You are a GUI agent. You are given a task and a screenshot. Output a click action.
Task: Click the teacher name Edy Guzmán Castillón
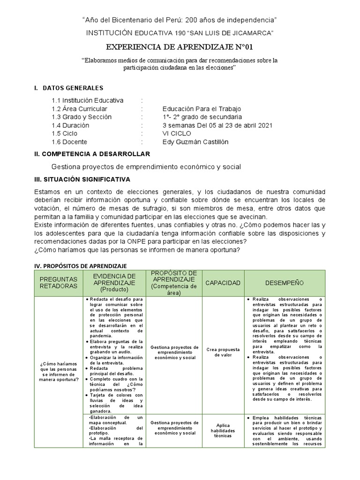196,142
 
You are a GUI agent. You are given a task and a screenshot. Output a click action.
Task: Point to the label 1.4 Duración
70,126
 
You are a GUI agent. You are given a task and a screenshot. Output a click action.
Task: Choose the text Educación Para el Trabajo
202,109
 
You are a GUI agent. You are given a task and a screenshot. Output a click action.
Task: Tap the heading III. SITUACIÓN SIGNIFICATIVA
82,180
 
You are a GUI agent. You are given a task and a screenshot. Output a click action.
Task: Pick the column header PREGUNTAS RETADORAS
58,283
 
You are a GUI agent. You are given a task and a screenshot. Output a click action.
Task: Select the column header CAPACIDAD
223,283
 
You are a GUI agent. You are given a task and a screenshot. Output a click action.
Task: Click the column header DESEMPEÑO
284,283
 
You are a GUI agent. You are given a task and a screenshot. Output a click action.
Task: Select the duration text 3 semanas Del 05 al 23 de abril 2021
217,126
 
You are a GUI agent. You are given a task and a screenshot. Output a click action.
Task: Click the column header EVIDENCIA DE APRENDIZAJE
114,283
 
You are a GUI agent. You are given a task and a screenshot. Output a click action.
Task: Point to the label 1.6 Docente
69,142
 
